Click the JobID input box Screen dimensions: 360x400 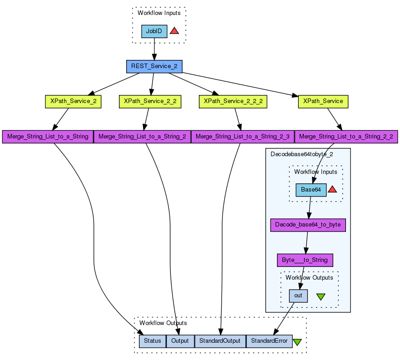click(x=154, y=31)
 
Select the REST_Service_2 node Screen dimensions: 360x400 click(x=154, y=66)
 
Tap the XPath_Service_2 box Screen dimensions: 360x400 click(x=73, y=101)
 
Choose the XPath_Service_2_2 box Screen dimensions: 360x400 click(x=150, y=101)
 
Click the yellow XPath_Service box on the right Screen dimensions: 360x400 click(x=323, y=101)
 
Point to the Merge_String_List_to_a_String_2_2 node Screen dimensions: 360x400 click(x=346, y=137)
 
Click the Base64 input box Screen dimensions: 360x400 click(x=311, y=190)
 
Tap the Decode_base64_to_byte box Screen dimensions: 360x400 click(x=308, y=225)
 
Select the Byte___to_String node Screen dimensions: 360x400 click(x=305, y=260)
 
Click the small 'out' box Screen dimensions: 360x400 click(x=298, y=296)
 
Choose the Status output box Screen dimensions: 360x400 click(x=153, y=341)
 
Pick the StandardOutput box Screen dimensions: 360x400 click(x=220, y=341)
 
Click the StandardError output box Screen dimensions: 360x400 click(x=269, y=341)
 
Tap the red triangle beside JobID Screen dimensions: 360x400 click(x=174, y=31)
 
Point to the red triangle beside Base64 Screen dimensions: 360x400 click(x=332, y=189)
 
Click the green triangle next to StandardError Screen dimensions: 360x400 click(x=297, y=342)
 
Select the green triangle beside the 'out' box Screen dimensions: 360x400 click(x=321, y=296)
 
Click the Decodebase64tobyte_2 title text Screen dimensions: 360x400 click(x=301, y=154)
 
